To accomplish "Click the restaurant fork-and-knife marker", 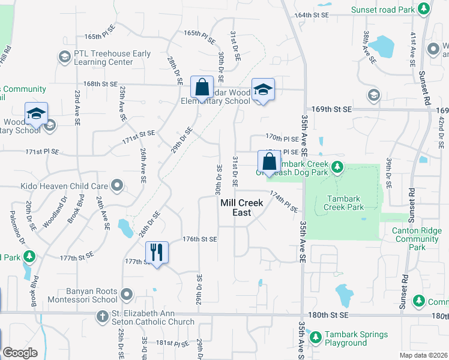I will (157, 252).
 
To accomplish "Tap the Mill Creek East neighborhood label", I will (242, 208).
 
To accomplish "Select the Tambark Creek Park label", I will (344, 203).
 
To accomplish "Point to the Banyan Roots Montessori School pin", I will (126, 295).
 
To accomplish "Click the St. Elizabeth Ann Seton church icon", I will (103, 316).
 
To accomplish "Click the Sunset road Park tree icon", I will (424, 9).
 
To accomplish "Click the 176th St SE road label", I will (200, 239).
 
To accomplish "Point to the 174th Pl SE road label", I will (284, 202).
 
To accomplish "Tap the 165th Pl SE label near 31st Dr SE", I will (199, 34).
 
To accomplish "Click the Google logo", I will (20, 352).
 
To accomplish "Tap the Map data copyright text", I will (423, 355).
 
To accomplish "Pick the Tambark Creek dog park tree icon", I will (337, 166).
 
